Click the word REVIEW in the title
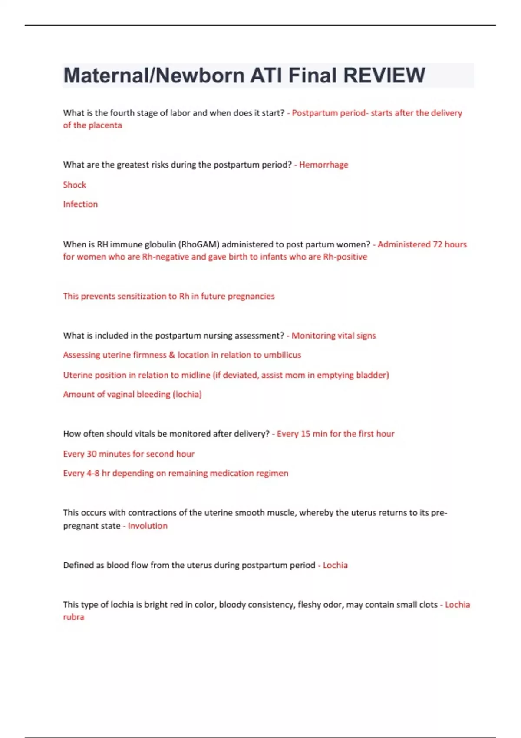coord(384,76)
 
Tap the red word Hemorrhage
coord(323,165)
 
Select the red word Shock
coord(75,185)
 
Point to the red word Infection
coord(80,204)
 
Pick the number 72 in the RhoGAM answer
coord(437,244)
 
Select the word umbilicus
coord(282,355)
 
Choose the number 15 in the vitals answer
coord(306,434)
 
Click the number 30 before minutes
coord(92,454)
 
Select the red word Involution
coord(148,526)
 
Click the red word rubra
coord(74,617)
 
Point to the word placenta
coord(106,125)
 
